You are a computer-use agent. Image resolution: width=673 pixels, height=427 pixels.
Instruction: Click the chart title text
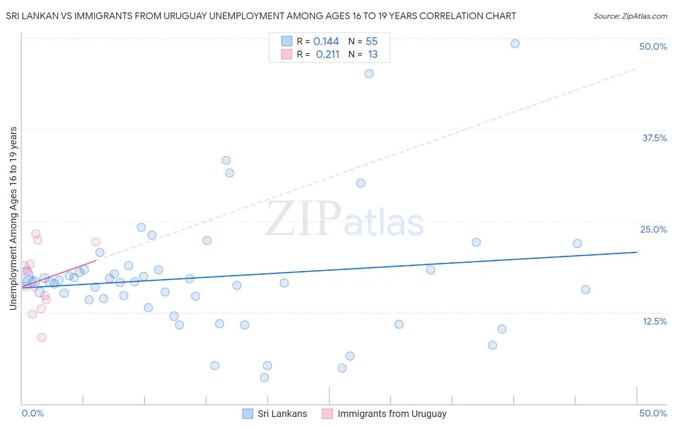[x=261, y=16]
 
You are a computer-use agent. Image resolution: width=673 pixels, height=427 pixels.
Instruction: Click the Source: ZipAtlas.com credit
[x=630, y=16]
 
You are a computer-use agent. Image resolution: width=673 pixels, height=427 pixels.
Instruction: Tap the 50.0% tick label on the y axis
[x=653, y=46]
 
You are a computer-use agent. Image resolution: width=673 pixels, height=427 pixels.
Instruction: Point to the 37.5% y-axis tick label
[x=654, y=138]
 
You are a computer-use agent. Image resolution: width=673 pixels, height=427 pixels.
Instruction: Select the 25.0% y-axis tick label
[x=653, y=229]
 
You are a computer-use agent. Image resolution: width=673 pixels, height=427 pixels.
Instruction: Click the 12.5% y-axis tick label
[x=654, y=321]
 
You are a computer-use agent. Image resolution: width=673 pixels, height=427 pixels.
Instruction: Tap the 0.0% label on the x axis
[x=33, y=413]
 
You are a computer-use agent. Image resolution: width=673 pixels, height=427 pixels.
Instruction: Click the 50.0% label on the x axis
[x=653, y=413]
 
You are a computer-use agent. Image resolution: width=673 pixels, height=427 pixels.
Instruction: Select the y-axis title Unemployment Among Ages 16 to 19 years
[x=13, y=218]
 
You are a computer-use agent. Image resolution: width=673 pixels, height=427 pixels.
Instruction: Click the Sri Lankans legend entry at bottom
[x=282, y=414]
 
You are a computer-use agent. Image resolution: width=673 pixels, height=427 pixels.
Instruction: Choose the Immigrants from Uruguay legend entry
[x=392, y=414]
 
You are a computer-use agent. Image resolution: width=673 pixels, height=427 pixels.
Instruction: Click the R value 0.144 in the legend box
[x=326, y=42]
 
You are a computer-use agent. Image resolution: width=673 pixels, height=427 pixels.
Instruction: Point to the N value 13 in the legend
[x=373, y=55]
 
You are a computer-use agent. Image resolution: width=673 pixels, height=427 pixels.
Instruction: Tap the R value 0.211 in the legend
[x=327, y=55]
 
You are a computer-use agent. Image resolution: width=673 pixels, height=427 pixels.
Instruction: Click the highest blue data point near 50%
[x=515, y=44]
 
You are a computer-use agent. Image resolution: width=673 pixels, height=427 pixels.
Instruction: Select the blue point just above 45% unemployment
[x=369, y=74]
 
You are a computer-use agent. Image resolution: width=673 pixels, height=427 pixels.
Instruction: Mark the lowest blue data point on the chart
[x=264, y=378]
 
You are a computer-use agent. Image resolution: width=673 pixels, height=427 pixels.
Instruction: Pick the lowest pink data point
[x=42, y=337]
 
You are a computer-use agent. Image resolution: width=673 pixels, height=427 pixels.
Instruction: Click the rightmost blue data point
[x=585, y=290]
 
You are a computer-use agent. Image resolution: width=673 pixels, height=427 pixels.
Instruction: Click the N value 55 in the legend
[x=371, y=42]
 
